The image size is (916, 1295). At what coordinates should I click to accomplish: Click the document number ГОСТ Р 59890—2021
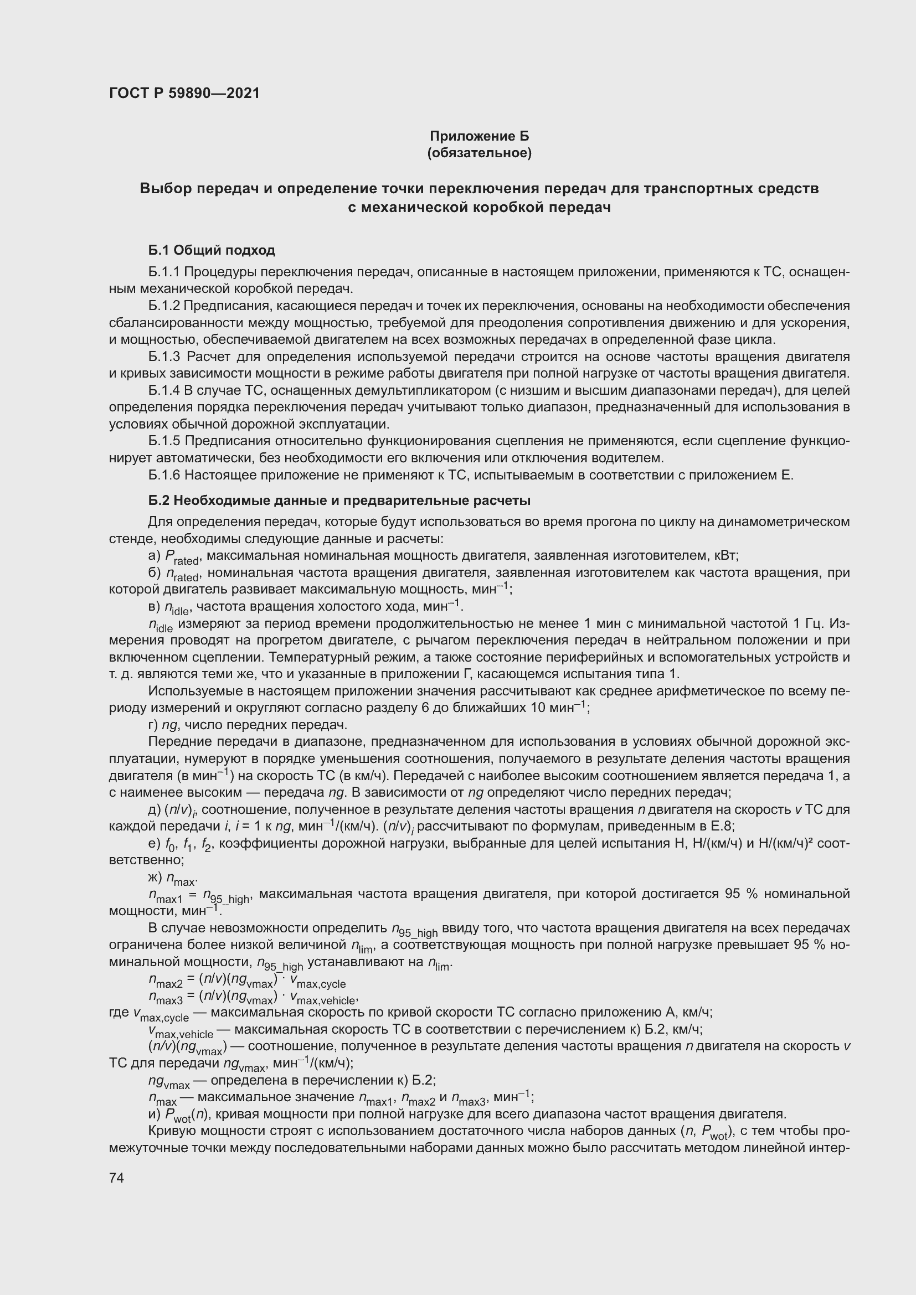click(184, 93)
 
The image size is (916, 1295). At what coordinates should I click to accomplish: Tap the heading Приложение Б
click(480, 136)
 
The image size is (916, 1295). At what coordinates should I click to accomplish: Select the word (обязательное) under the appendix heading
click(480, 153)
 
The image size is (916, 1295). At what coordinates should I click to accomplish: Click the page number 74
click(116, 1177)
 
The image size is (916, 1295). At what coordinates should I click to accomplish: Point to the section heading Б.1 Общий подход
click(212, 250)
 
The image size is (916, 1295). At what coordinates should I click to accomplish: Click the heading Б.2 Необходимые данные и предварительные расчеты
click(339, 501)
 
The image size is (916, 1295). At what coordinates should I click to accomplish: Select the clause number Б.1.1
click(163, 272)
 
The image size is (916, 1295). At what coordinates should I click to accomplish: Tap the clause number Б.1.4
click(163, 390)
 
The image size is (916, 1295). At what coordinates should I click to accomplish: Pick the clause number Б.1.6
click(163, 475)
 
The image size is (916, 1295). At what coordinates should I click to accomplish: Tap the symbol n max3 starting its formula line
click(164, 999)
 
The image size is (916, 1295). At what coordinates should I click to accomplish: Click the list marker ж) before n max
click(155, 878)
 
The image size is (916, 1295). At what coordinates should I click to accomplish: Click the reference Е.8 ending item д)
click(723, 826)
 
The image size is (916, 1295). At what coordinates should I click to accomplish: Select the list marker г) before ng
click(153, 725)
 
